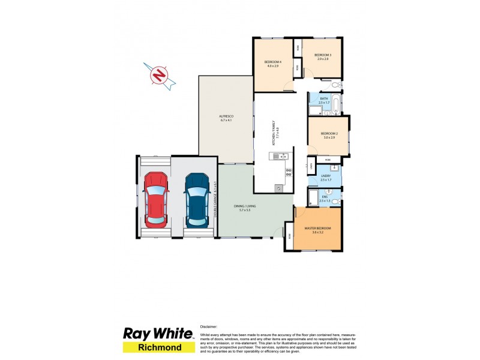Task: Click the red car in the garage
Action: [156, 200]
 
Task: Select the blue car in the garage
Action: [197, 200]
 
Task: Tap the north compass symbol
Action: [160, 76]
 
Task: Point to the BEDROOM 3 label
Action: [323, 56]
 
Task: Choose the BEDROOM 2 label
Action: [327, 135]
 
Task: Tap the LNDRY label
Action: [326, 177]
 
